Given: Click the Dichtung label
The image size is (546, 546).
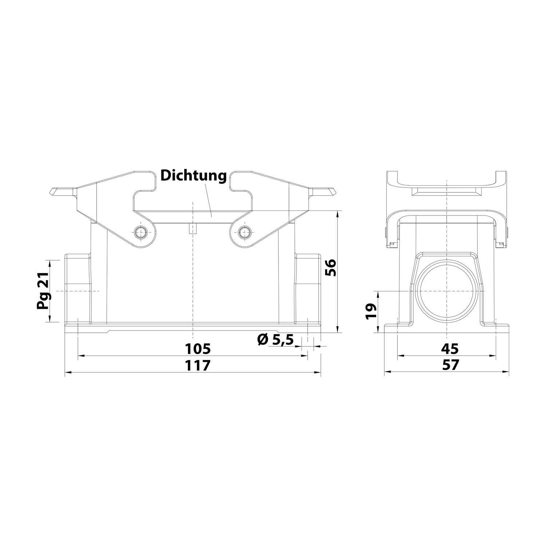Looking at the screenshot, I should [194, 176].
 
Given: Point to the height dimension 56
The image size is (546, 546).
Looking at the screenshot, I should [331, 268].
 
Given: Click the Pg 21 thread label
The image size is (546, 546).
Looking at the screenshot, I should [43, 291].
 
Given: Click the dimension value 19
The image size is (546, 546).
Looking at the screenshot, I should [371, 312].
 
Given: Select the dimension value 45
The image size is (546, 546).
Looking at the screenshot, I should [450, 349].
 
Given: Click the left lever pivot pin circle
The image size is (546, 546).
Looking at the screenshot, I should [141, 232].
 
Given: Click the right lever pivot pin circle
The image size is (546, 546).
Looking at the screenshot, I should [244, 232].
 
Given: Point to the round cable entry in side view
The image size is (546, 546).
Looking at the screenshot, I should [447, 291].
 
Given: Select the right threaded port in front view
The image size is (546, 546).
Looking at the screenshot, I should [308, 289].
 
